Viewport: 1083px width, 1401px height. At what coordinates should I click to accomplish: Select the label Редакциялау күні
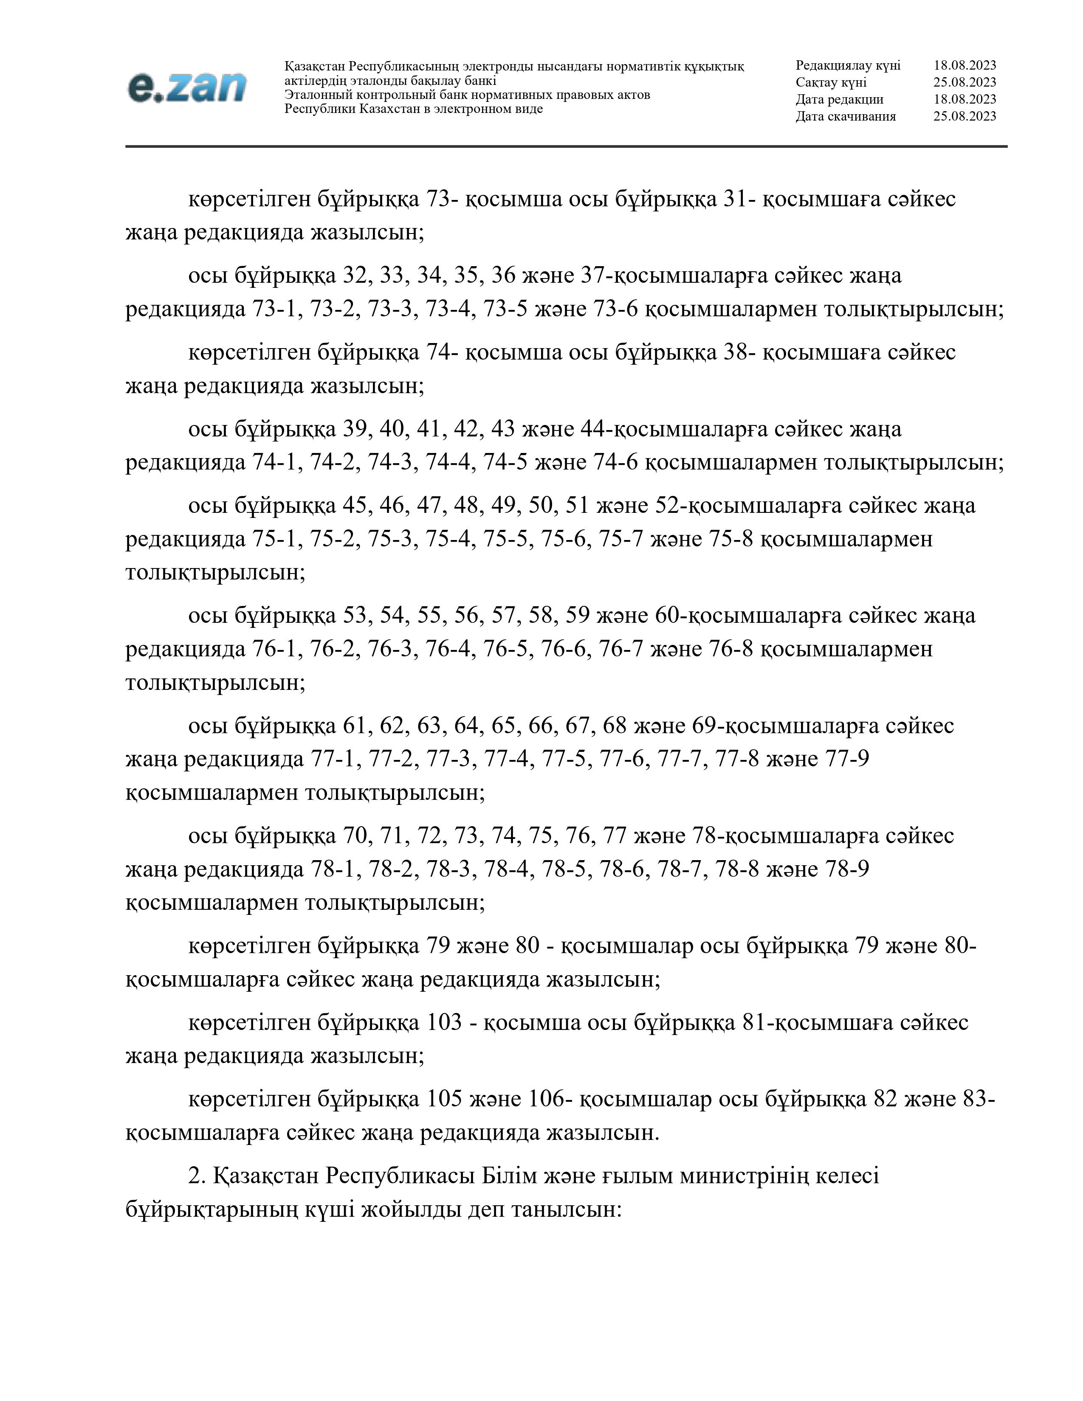tap(848, 65)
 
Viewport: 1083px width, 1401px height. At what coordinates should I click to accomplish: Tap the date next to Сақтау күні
tap(965, 82)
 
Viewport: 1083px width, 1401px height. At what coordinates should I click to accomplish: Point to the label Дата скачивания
tap(846, 116)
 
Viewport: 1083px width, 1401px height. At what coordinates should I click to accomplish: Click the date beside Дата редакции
tap(965, 99)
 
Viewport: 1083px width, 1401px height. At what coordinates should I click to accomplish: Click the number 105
tap(444, 1100)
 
